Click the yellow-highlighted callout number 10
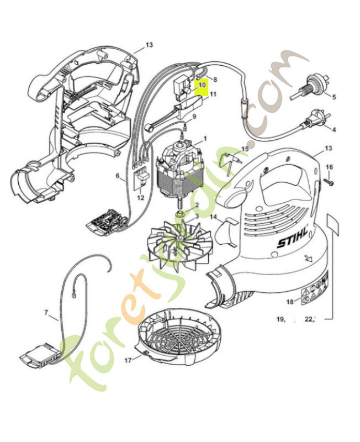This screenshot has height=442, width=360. tap(202, 86)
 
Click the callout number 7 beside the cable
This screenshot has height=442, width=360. tap(46, 313)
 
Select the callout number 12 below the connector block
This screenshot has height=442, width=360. tap(140, 197)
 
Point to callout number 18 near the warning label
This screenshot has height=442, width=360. tap(289, 302)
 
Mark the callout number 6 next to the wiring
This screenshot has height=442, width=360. tap(117, 176)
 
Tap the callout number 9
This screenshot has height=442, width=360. tap(193, 117)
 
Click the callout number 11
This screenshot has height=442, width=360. tap(213, 94)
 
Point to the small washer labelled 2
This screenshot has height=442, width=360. tap(180, 213)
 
